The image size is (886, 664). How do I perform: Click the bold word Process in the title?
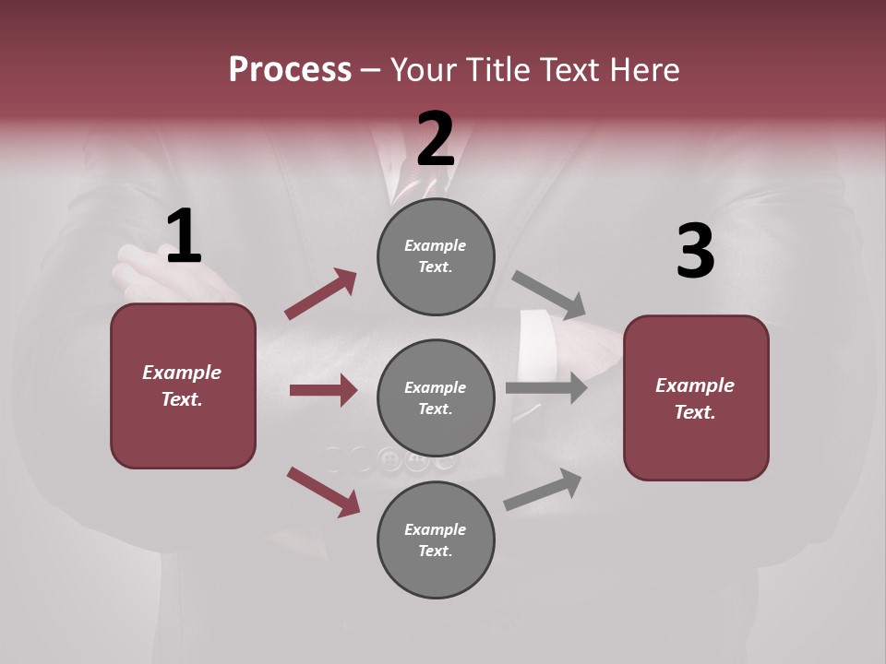tap(290, 69)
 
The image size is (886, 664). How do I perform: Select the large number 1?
tap(184, 236)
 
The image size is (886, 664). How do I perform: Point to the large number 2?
tap(436, 138)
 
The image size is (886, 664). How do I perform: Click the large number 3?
tap(695, 251)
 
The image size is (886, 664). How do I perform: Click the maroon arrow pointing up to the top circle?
tap(320, 294)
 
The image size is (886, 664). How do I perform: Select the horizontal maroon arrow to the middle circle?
tap(323, 390)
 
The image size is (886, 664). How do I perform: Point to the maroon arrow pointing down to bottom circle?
tap(323, 492)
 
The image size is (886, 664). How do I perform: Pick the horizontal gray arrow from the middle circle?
tap(546, 387)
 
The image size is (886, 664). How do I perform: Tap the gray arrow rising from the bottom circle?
tap(544, 489)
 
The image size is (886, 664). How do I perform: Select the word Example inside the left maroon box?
tap(182, 373)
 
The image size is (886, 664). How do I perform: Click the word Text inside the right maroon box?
tap(695, 412)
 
